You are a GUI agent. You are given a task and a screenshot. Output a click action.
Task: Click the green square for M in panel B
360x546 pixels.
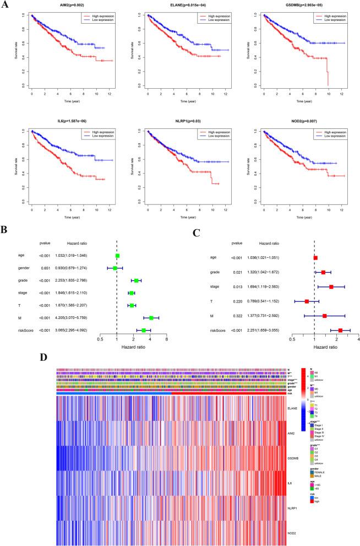(151, 318)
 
